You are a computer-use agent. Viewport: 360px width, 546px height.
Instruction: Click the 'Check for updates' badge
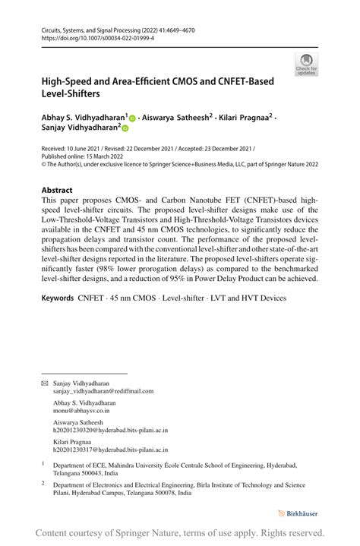click(306, 64)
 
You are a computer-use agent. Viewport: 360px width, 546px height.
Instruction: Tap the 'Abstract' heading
click(58, 190)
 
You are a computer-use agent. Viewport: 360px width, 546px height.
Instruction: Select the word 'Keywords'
click(58, 298)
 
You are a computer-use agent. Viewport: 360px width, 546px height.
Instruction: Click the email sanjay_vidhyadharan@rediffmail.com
click(103, 391)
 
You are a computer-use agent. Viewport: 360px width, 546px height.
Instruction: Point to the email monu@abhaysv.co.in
click(81, 410)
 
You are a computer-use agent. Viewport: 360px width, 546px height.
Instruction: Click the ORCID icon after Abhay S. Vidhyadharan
click(132, 118)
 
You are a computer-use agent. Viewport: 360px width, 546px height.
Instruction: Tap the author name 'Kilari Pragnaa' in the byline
click(242, 118)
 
